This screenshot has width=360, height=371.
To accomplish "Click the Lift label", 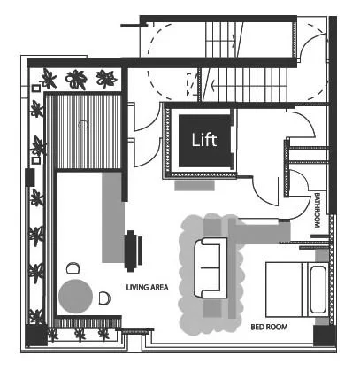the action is tap(204, 140).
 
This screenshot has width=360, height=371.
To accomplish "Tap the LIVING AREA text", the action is tap(147, 287).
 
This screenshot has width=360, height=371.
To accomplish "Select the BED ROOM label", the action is tap(269, 327).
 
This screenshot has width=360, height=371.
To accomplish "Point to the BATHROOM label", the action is tap(317, 210).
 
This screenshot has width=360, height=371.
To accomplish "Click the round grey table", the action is tap(76, 297).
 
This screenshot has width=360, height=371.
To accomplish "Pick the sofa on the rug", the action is tap(211, 268).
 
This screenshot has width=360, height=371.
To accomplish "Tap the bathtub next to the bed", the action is tap(318, 290).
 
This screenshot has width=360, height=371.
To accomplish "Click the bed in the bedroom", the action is tap(287, 290).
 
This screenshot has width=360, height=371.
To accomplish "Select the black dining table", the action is tap(130, 251).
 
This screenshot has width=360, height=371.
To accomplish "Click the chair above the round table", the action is tap(73, 268).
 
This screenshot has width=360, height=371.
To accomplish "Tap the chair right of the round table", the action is tap(104, 298).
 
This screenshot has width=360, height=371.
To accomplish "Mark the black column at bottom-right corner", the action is tap(325, 336).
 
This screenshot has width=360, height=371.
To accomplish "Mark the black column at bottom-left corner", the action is tap(36, 336).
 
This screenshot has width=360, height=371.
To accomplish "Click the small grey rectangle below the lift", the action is tap(195, 186).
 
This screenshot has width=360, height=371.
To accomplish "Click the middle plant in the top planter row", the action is tap(76, 79).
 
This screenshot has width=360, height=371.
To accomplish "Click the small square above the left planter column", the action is tap(35, 89).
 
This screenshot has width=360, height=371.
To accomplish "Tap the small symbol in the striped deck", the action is tap(83, 125).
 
